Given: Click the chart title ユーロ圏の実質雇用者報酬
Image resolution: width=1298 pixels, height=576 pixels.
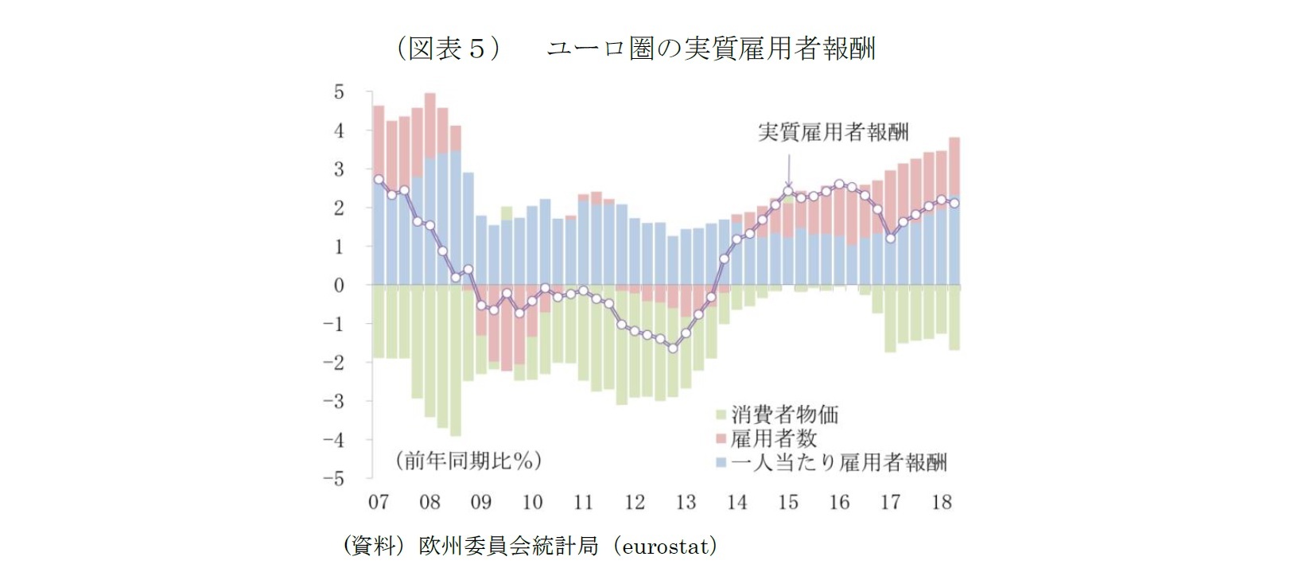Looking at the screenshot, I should pyautogui.click(x=712, y=49).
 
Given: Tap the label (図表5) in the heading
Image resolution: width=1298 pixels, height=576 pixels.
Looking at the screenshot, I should pyautogui.click(x=448, y=49).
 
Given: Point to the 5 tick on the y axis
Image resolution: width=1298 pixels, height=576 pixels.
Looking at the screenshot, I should pyautogui.click(x=339, y=92).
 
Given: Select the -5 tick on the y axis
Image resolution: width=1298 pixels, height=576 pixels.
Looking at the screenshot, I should pyautogui.click(x=334, y=479).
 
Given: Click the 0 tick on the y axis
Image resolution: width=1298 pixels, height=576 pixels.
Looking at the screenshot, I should pyautogui.click(x=339, y=286).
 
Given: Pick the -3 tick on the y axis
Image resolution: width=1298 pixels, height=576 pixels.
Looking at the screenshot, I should pyautogui.click(x=334, y=402).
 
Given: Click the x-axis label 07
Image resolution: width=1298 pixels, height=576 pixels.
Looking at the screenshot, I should pyautogui.click(x=379, y=502).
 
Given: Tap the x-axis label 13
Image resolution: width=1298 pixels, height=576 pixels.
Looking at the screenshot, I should pyautogui.click(x=686, y=502).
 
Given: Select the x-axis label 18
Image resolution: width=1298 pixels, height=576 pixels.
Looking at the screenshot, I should pyautogui.click(x=942, y=502).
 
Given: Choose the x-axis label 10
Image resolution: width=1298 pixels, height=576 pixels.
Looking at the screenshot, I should pyautogui.click(x=532, y=502).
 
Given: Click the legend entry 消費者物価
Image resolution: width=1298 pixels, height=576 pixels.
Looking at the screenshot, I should pyautogui.click(x=784, y=414).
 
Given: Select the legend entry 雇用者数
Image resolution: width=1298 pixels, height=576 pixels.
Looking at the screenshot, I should pyautogui.click(x=773, y=438).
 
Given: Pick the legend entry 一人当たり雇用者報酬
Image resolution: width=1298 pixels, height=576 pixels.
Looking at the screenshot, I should pyautogui.click(x=838, y=462).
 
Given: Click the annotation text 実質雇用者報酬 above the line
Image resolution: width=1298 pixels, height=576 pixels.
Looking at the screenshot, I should pyautogui.click(x=833, y=132).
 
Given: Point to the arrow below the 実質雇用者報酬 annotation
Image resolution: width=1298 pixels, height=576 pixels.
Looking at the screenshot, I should pyautogui.click(x=789, y=170).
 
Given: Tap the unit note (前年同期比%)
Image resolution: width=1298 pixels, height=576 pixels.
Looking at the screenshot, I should pyautogui.click(x=468, y=461).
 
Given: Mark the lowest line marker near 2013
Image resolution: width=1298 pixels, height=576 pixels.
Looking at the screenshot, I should pyautogui.click(x=673, y=348).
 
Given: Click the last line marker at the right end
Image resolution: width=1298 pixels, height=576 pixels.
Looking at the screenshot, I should pyautogui.click(x=954, y=203).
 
